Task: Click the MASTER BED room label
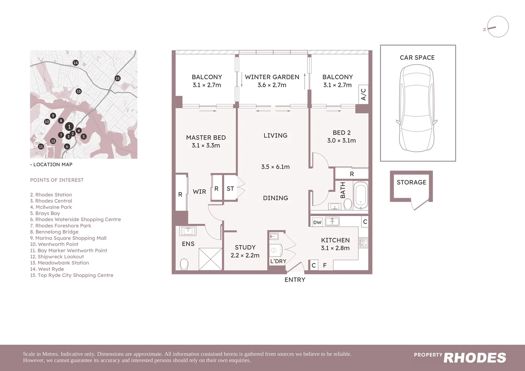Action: pyautogui.click(x=206, y=137)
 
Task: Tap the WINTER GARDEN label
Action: pyautogui.click(x=272, y=77)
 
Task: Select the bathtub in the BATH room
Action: pyautogui.click(x=360, y=196)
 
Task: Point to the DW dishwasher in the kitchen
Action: pyautogui.click(x=317, y=222)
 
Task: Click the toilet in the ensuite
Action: pyautogui.click(x=184, y=264)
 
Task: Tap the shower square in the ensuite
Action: pyautogui.click(x=210, y=259)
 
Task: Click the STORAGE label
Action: pyautogui.click(x=411, y=182)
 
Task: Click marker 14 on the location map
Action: pyautogui.click(x=76, y=63)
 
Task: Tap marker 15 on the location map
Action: pyautogui.click(x=118, y=78)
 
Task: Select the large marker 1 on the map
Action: pyautogui.click(x=69, y=127)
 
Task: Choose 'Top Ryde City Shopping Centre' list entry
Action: pyautogui.click(x=71, y=275)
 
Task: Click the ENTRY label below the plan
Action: pyautogui.click(x=295, y=280)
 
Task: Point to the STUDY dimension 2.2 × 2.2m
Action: pyautogui.click(x=245, y=255)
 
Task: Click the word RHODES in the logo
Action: pyautogui.click(x=474, y=358)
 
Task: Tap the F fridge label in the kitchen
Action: pyautogui.click(x=325, y=265)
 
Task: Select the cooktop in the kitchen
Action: pyautogui.click(x=363, y=243)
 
